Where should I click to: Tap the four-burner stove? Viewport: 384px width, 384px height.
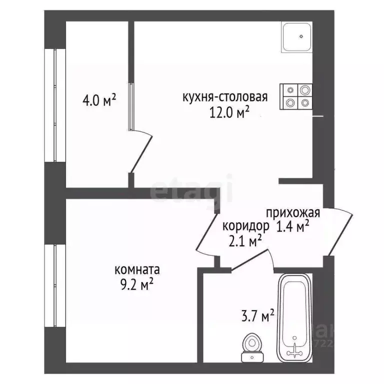(x=296, y=96)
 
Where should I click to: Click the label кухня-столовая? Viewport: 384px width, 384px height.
(x=225, y=97)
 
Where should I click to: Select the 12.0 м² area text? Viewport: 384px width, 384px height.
(x=229, y=113)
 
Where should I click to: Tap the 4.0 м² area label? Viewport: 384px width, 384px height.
(x=99, y=100)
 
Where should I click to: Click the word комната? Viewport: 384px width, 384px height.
(x=137, y=270)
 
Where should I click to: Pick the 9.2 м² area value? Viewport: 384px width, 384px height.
(x=136, y=285)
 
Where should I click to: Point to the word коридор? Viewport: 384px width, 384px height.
(x=242, y=225)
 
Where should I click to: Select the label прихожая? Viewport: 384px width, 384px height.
(x=292, y=211)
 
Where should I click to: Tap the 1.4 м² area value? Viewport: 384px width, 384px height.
(x=292, y=226)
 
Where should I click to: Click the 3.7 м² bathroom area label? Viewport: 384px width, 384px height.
(x=257, y=316)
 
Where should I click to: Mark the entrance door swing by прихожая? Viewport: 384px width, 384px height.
(x=340, y=232)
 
